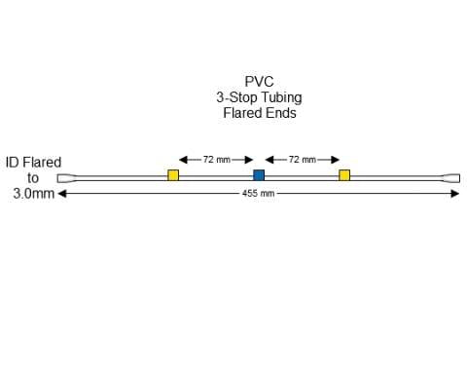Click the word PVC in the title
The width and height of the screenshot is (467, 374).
[x=259, y=82]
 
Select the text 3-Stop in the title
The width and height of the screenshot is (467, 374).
[x=235, y=97]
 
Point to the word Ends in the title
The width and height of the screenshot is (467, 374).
[x=279, y=113]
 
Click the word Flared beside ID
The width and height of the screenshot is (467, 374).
[x=43, y=163]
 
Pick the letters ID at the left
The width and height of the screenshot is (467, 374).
[x=14, y=163]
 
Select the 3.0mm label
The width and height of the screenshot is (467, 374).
[x=33, y=194]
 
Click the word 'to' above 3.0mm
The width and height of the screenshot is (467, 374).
[x=33, y=178]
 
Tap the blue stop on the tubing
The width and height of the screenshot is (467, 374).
[x=259, y=175]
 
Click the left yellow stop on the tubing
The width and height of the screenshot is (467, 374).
[x=173, y=175]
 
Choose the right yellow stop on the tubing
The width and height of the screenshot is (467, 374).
[x=344, y=175]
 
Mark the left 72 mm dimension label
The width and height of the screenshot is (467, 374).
[x=216, y=159]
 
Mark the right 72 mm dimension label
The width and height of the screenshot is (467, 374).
[x=302, y=159]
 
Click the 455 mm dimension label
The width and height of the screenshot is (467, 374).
[x=259, y=194]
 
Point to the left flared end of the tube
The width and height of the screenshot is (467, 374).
[x=65, y=178]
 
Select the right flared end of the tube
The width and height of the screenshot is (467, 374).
[x=451, y=178]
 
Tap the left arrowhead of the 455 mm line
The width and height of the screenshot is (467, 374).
[x=63, y=194]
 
